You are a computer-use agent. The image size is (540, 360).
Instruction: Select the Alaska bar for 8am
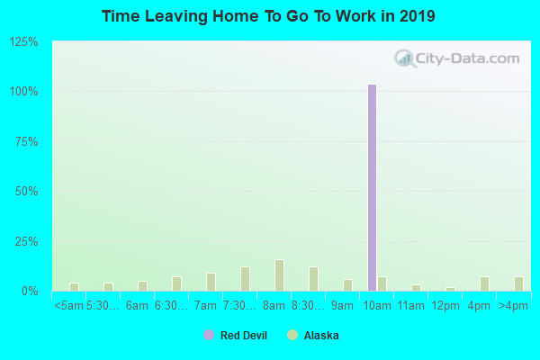click(279, 275)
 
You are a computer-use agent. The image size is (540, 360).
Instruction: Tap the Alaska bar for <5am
click(74, 287)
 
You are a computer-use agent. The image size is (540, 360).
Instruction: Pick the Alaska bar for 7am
click(211, 282)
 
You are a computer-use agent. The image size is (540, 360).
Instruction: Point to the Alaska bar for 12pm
click(450, 289)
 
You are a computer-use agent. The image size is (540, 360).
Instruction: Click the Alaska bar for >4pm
click(518, 283)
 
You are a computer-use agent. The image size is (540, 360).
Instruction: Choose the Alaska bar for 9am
click(347, 285)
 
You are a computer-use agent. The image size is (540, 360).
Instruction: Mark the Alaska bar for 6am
click(142, 286)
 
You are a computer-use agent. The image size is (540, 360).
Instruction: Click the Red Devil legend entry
click(235, 336)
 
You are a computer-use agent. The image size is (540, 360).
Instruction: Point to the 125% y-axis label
click(23, 42)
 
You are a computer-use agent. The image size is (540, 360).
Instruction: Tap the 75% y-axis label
click(26, 142)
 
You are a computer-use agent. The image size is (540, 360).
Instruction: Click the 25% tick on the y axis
click(26, 242)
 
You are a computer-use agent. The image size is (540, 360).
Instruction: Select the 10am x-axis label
click(376, 306)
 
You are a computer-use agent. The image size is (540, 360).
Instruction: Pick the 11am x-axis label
click(410, 306)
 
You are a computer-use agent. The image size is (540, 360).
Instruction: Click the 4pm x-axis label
click(479, 306)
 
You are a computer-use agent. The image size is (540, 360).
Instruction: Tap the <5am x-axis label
click(69, 306)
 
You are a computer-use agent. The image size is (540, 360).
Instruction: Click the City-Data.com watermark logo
click(457, 59)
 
